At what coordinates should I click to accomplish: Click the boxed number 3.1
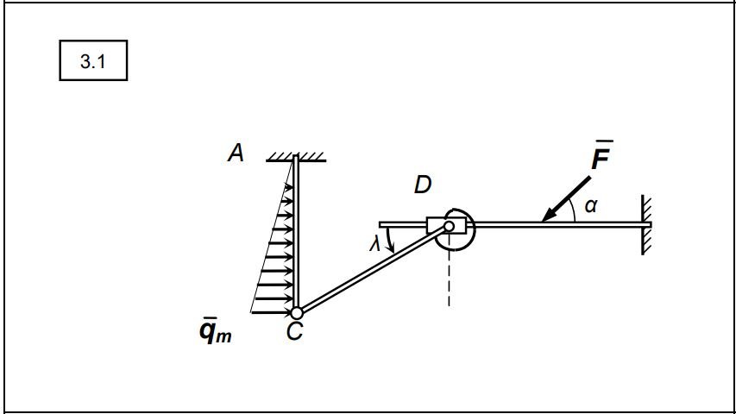(93, 61)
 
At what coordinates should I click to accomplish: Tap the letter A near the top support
(236, 153)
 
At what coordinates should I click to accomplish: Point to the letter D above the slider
(423, 185)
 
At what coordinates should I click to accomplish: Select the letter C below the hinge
(295, 331)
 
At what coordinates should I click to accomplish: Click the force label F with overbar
(601, 155)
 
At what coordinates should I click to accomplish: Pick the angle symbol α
(591, 205)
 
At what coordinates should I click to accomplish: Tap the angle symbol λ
(374, 244)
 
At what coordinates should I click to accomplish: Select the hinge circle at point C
(297, 312)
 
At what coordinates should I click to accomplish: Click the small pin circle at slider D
(449, 227)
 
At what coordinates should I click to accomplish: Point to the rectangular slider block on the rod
(446, 225)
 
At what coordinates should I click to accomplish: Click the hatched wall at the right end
(646, 226)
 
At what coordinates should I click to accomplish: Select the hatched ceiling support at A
(296, 157)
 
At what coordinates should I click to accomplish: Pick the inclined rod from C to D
(373, 269)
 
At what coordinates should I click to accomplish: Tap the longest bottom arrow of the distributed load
(272, 312)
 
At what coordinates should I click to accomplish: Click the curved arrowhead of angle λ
(391, 246)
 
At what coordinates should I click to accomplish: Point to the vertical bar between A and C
(296, 232)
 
